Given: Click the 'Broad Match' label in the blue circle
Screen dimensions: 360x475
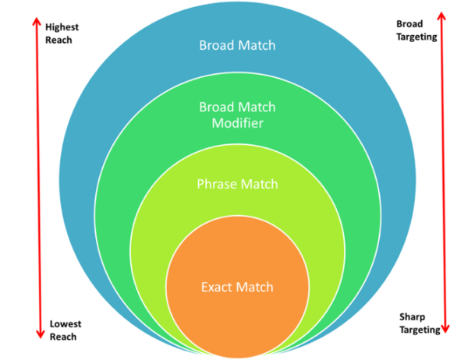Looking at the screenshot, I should point(238,45).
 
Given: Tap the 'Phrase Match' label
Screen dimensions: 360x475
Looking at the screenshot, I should point(238,185).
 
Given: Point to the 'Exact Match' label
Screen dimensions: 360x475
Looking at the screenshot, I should point(238,288).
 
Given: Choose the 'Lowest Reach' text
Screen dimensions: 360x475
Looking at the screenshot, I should point(66,330).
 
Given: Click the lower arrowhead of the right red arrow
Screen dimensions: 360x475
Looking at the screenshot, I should point(445,326).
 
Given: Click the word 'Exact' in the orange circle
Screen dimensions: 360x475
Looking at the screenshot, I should point(218,288).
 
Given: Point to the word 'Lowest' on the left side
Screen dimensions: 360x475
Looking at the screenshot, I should point(66,323).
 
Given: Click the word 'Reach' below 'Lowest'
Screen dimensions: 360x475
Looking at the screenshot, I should point(62,336).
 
